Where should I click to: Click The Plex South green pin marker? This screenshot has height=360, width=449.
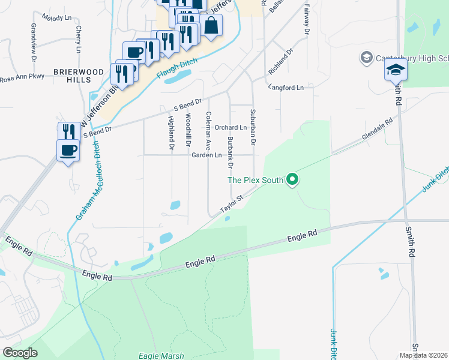[x=292, y=179]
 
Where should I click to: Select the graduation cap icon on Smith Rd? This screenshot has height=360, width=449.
[x=396, y=71]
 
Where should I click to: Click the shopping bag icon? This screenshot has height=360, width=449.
[x=211, y=25]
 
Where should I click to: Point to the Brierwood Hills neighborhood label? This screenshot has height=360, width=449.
[x=78, y=76]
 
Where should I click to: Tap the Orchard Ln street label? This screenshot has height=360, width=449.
[x=231, y=127]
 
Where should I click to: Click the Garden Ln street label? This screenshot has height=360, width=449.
[x=206, y=155]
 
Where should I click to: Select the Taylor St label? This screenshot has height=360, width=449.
[x=231, y=203]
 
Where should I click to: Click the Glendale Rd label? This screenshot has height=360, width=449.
[x=376, y=130]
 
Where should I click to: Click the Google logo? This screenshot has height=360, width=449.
[x=20, y=353]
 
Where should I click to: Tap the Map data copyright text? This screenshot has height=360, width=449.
[x=423, y=355]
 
